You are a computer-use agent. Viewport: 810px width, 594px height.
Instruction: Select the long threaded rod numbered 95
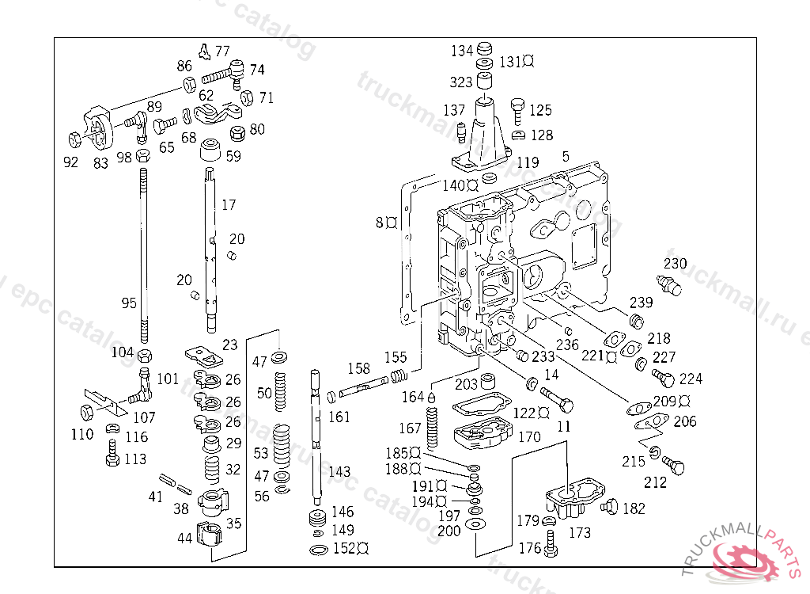[x=143, y=253]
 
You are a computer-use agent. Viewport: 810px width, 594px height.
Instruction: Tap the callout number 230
[x=675, y=264]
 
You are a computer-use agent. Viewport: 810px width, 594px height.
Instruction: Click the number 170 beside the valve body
[x=529, y=436]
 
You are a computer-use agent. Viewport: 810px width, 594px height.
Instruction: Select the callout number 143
[x=339, y=471]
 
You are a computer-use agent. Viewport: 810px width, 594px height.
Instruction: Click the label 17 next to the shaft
[x=229, y=205]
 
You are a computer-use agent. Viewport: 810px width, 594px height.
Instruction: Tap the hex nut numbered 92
[x=73, y=139]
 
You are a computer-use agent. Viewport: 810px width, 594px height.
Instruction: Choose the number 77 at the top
[x=222, y=51]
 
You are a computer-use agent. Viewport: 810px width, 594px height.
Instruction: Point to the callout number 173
[x=579, y=533]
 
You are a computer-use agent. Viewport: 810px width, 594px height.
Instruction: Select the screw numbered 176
[x=551, y=546]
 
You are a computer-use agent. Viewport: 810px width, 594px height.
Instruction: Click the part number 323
[x=461, y=82]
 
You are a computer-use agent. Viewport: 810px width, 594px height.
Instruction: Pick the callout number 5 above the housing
[x=565, y=156]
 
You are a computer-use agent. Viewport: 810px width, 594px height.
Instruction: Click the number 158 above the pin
[x=358, y=368]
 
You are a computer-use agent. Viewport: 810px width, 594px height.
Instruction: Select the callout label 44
[x=184, y=538]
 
